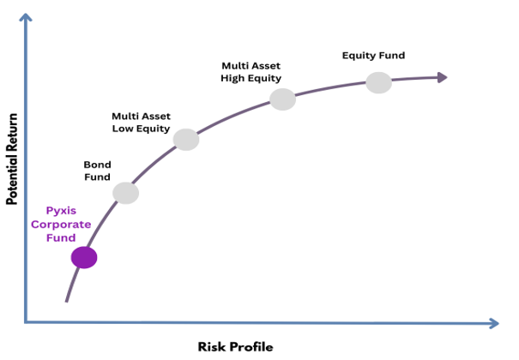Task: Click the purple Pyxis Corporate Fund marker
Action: tap(84, 256)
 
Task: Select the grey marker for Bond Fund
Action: tap(125, 193)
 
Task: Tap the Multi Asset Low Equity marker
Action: tap(186, 139)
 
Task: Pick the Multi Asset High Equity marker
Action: tap(282, 99)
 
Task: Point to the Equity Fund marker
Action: tap(378, 82)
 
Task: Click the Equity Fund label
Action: tap(373, 56)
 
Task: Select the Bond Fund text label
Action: tap(97, 171)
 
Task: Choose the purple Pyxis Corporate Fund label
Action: tap(68, 224)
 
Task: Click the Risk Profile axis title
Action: tap(235, 346)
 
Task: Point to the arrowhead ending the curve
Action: tap(442, 78)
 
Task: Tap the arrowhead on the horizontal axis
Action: tap(492, 323)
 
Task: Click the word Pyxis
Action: tap(68, 210)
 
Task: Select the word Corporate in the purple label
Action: tap(68, 224)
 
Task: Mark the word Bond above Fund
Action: tap(97, 164)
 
